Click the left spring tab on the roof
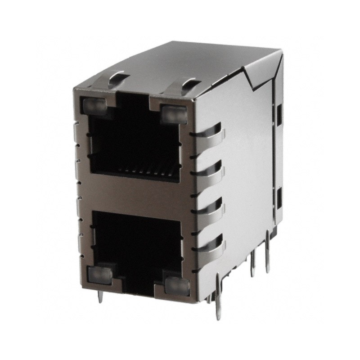click(x=118, y=80)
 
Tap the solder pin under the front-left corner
click(x=100, y=297)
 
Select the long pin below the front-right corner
click(x=218, y=299)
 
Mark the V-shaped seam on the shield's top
click(x=256, y=76)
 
